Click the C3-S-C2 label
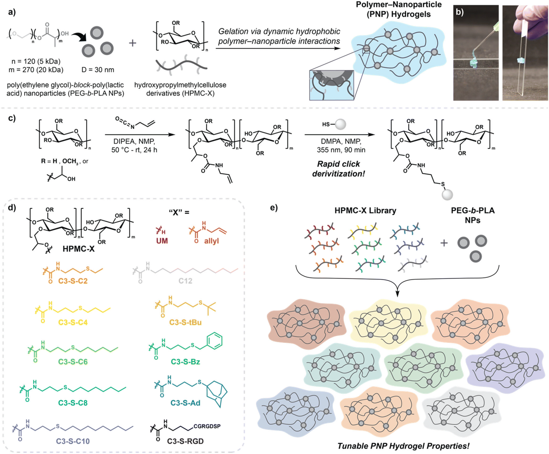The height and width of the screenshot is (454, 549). coord(73,281)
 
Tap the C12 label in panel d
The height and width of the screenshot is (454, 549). coord(185,281)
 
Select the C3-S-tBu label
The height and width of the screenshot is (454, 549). coord(185,322)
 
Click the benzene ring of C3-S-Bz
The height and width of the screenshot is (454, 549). coord(214,341)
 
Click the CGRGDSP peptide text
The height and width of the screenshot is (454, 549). coord(207,426)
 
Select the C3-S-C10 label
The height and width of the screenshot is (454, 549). coord(73,441)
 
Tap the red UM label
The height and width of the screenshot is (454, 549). coord(162,241)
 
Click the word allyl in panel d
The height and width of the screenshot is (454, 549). coord(211,241)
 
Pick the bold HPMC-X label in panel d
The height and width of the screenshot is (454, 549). coord(79,249)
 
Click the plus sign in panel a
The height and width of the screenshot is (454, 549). coord(133,43)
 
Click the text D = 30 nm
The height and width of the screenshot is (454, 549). coord(98,70)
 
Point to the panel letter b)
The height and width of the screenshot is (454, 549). coord(460,12)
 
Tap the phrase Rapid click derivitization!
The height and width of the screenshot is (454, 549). coord(338,169)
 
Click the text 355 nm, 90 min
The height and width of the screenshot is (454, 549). coord(341,150)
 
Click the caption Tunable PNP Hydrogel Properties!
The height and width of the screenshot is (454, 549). coord(403,446)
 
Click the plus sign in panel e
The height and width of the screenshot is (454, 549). coord(444,243)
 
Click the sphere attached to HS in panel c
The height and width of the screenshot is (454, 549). coord(341,124)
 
